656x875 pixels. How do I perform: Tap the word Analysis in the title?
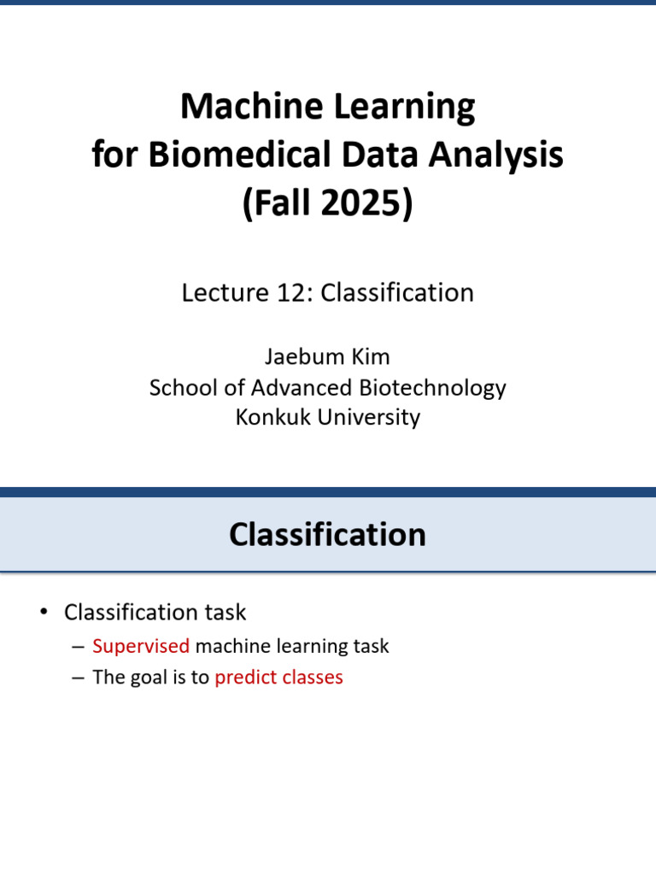(x=496, y=155)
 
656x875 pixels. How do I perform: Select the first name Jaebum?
(x=296, y=356)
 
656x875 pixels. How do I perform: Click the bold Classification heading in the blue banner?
(x=327, y=534)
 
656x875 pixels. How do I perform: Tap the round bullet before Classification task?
(x=44, y=612)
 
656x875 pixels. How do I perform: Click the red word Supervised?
(x=141, y=646)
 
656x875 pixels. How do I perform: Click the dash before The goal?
(x=78, y=678)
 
